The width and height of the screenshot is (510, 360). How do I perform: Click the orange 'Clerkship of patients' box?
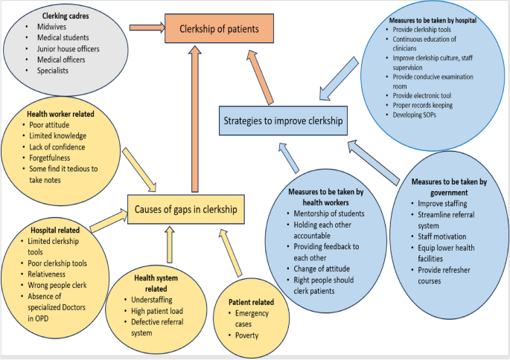220,30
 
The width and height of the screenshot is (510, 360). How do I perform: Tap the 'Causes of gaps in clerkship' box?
185,209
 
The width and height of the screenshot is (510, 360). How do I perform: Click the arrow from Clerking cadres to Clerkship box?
146,29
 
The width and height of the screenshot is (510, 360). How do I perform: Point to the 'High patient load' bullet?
157,310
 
